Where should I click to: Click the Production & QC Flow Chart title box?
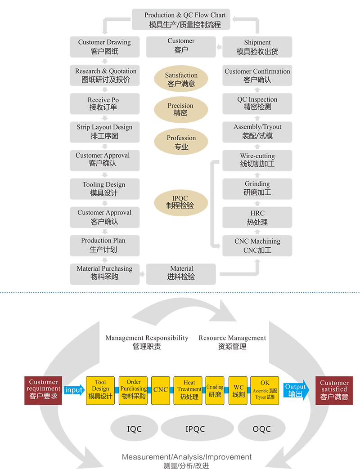181,19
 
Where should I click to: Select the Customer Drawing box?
105,47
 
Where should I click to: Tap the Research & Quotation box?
105,76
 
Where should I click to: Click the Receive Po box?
105,104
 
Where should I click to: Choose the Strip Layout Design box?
105,132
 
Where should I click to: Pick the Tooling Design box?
105,189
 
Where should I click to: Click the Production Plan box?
105,246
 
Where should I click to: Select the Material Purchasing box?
105,274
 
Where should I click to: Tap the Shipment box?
257,47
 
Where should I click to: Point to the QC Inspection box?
257,104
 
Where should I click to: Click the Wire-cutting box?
257,161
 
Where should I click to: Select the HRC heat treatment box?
257,218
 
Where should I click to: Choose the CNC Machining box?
257,246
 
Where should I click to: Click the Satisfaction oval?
181,79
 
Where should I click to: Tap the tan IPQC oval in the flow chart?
181,203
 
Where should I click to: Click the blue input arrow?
74,390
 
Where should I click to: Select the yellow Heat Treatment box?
188,391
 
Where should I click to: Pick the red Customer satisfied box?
334,391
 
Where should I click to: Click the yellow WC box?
238,391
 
